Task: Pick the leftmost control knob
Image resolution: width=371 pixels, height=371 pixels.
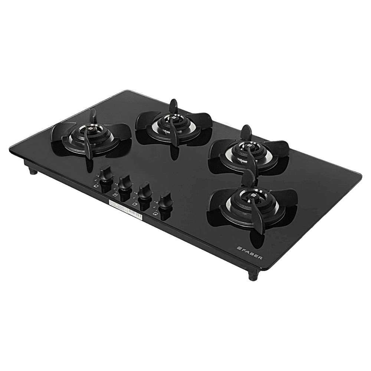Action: coord(106,174)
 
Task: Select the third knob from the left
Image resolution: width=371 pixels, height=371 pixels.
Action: coord(144,191)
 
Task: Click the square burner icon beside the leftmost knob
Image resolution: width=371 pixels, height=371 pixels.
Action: coord(96,187)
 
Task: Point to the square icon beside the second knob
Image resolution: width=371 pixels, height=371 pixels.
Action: coord(115,195)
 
